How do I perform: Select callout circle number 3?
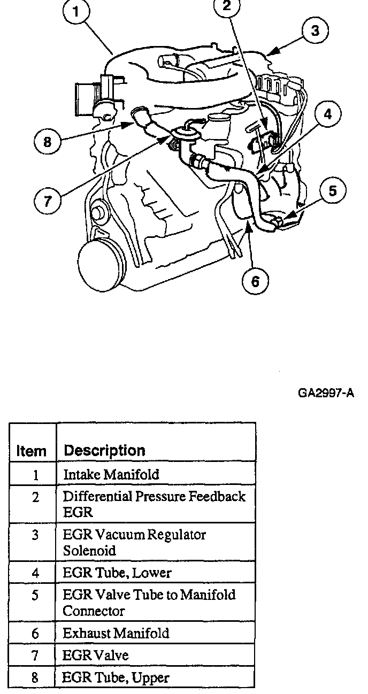[315, 31]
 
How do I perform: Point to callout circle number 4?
[327, 114]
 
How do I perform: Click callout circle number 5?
[333, 191]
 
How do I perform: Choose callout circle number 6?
[255, 281]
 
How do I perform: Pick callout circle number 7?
[48, 201]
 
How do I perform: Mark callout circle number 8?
[48, 142]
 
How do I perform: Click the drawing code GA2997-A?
[326, 394]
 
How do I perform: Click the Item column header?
[32, 451]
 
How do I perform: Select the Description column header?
[104, 451]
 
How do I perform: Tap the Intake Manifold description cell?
[111, 474]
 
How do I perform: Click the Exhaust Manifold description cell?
[116, 634]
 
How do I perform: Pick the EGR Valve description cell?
[96, 655]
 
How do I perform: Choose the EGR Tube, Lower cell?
[117, 573]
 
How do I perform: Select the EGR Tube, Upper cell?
[116, 678]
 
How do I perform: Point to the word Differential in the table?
[100, 496]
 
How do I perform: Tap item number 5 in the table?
[35, 595]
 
